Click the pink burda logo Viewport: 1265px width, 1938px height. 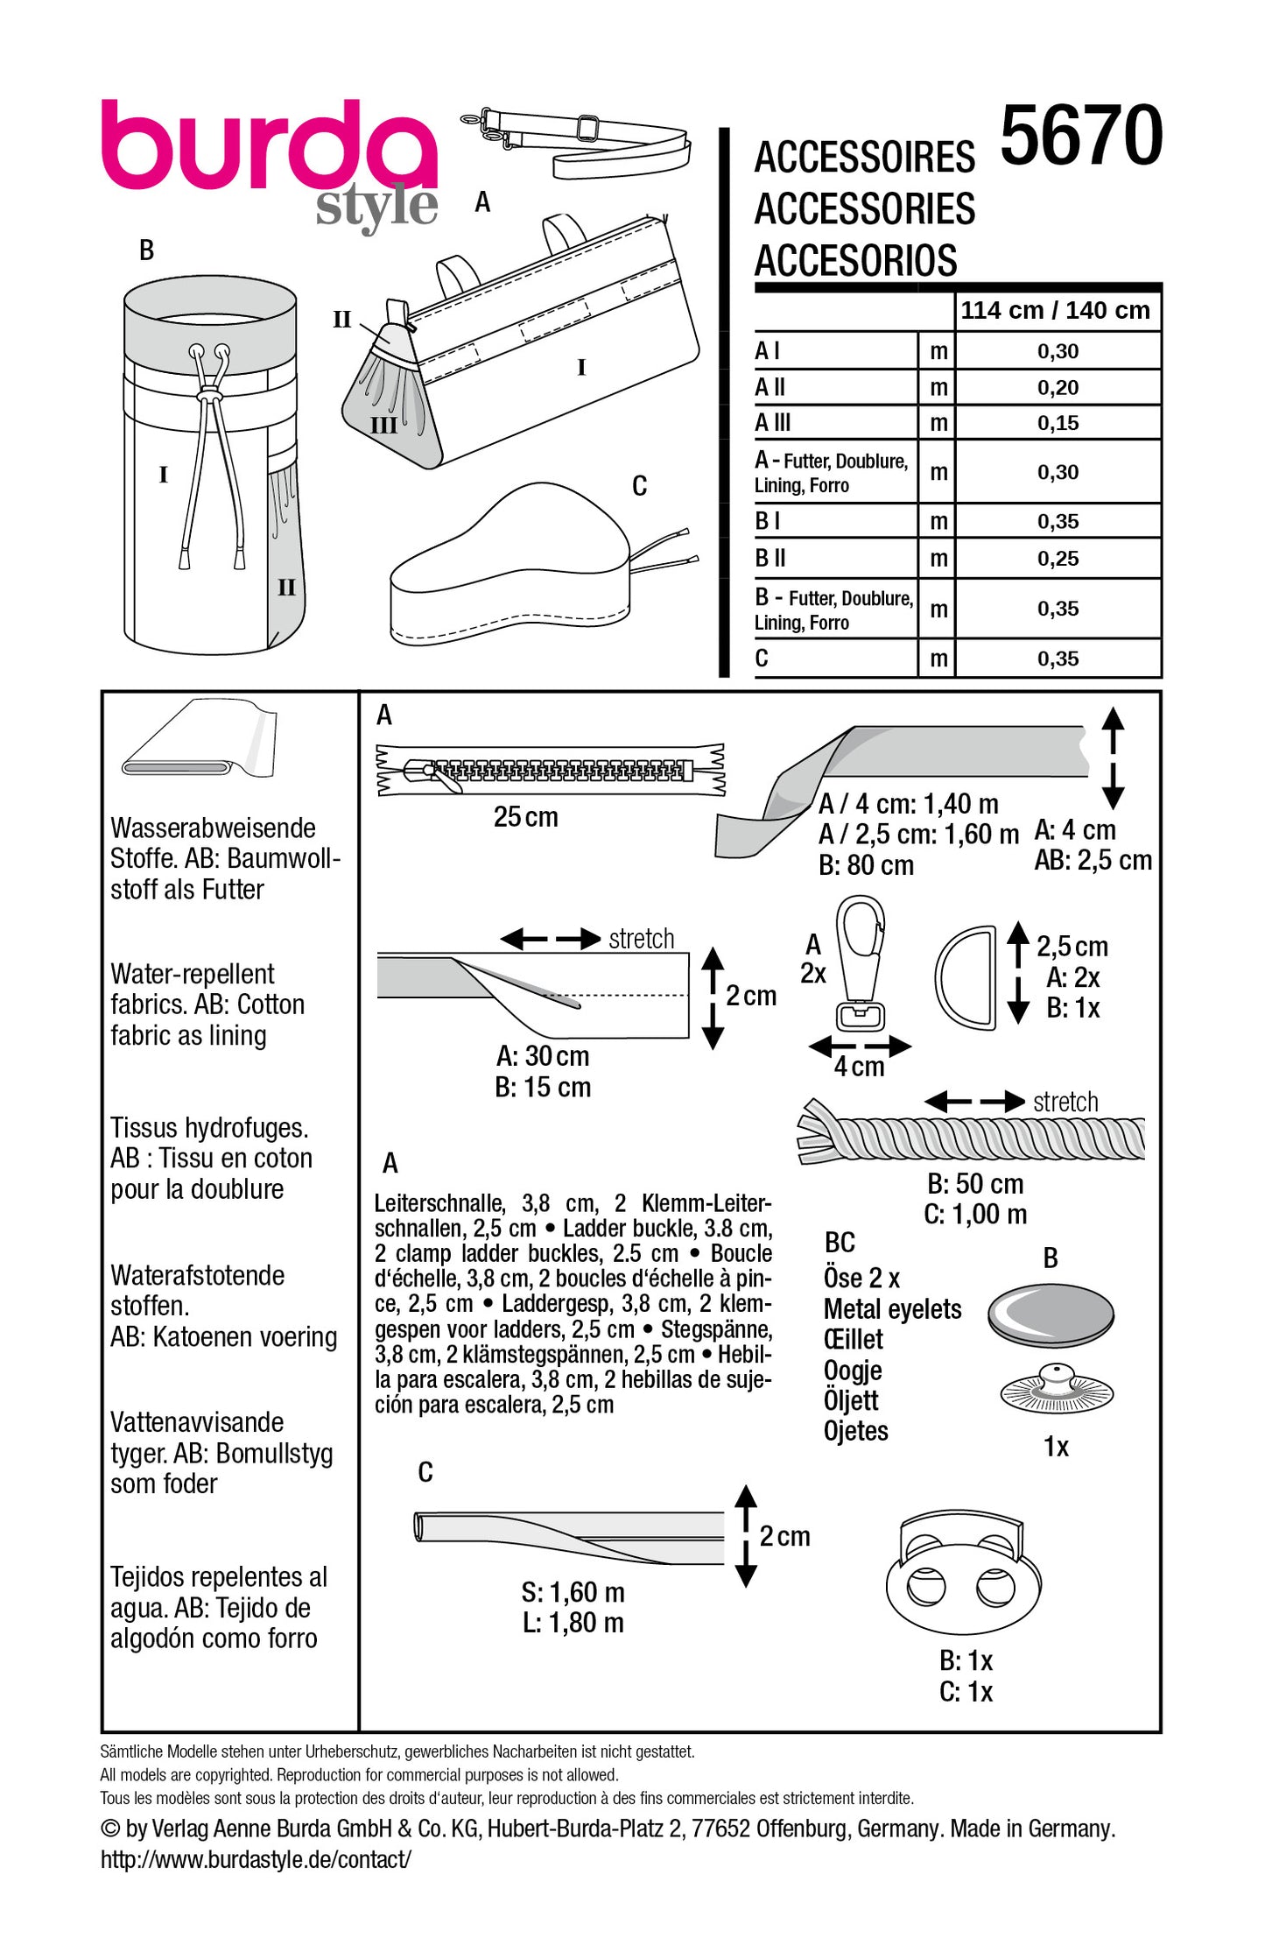point(267,144)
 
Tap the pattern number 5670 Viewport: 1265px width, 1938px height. point(1080,136)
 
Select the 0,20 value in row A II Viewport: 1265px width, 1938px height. point(1058,387)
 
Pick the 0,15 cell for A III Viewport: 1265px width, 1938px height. point(1058,423)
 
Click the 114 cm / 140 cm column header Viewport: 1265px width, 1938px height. point(1055,310)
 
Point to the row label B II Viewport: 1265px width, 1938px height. point(770,558)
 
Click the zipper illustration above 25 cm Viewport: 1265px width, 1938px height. point(550,770)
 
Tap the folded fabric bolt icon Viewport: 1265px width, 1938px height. point(201,738)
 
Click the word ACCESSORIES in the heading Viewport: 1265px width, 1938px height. point(864,209)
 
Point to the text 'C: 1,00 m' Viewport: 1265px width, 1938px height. point(974,1215)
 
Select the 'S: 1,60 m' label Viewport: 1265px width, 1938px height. point(573,1592)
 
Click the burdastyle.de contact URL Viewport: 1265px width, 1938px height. point(255,1859)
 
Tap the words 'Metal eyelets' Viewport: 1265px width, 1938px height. point(892,1309)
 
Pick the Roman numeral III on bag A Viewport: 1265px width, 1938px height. point(383,426)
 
